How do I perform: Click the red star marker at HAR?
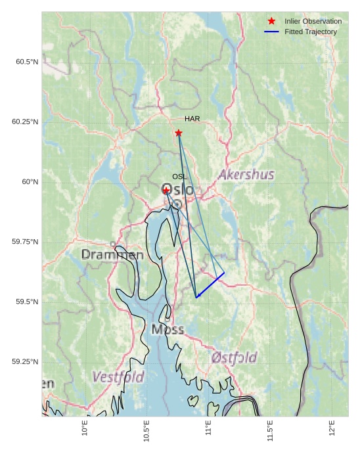point(179,133)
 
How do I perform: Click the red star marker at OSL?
point(167,190)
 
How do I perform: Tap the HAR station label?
point(192,119)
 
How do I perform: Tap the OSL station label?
point(179,177)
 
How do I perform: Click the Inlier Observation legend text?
point(313,22)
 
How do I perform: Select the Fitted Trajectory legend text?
point(310,32)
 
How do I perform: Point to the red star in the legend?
point(271,22)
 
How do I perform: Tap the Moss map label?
point(168,329)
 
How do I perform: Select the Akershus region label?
point(246,175)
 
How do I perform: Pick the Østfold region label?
point(235,358)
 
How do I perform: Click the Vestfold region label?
point(118,377)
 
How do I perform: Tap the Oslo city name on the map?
point(178,190)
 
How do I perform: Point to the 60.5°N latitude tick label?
point(27,62)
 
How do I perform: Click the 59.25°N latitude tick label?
point(25,362)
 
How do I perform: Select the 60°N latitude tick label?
point(30,182)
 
